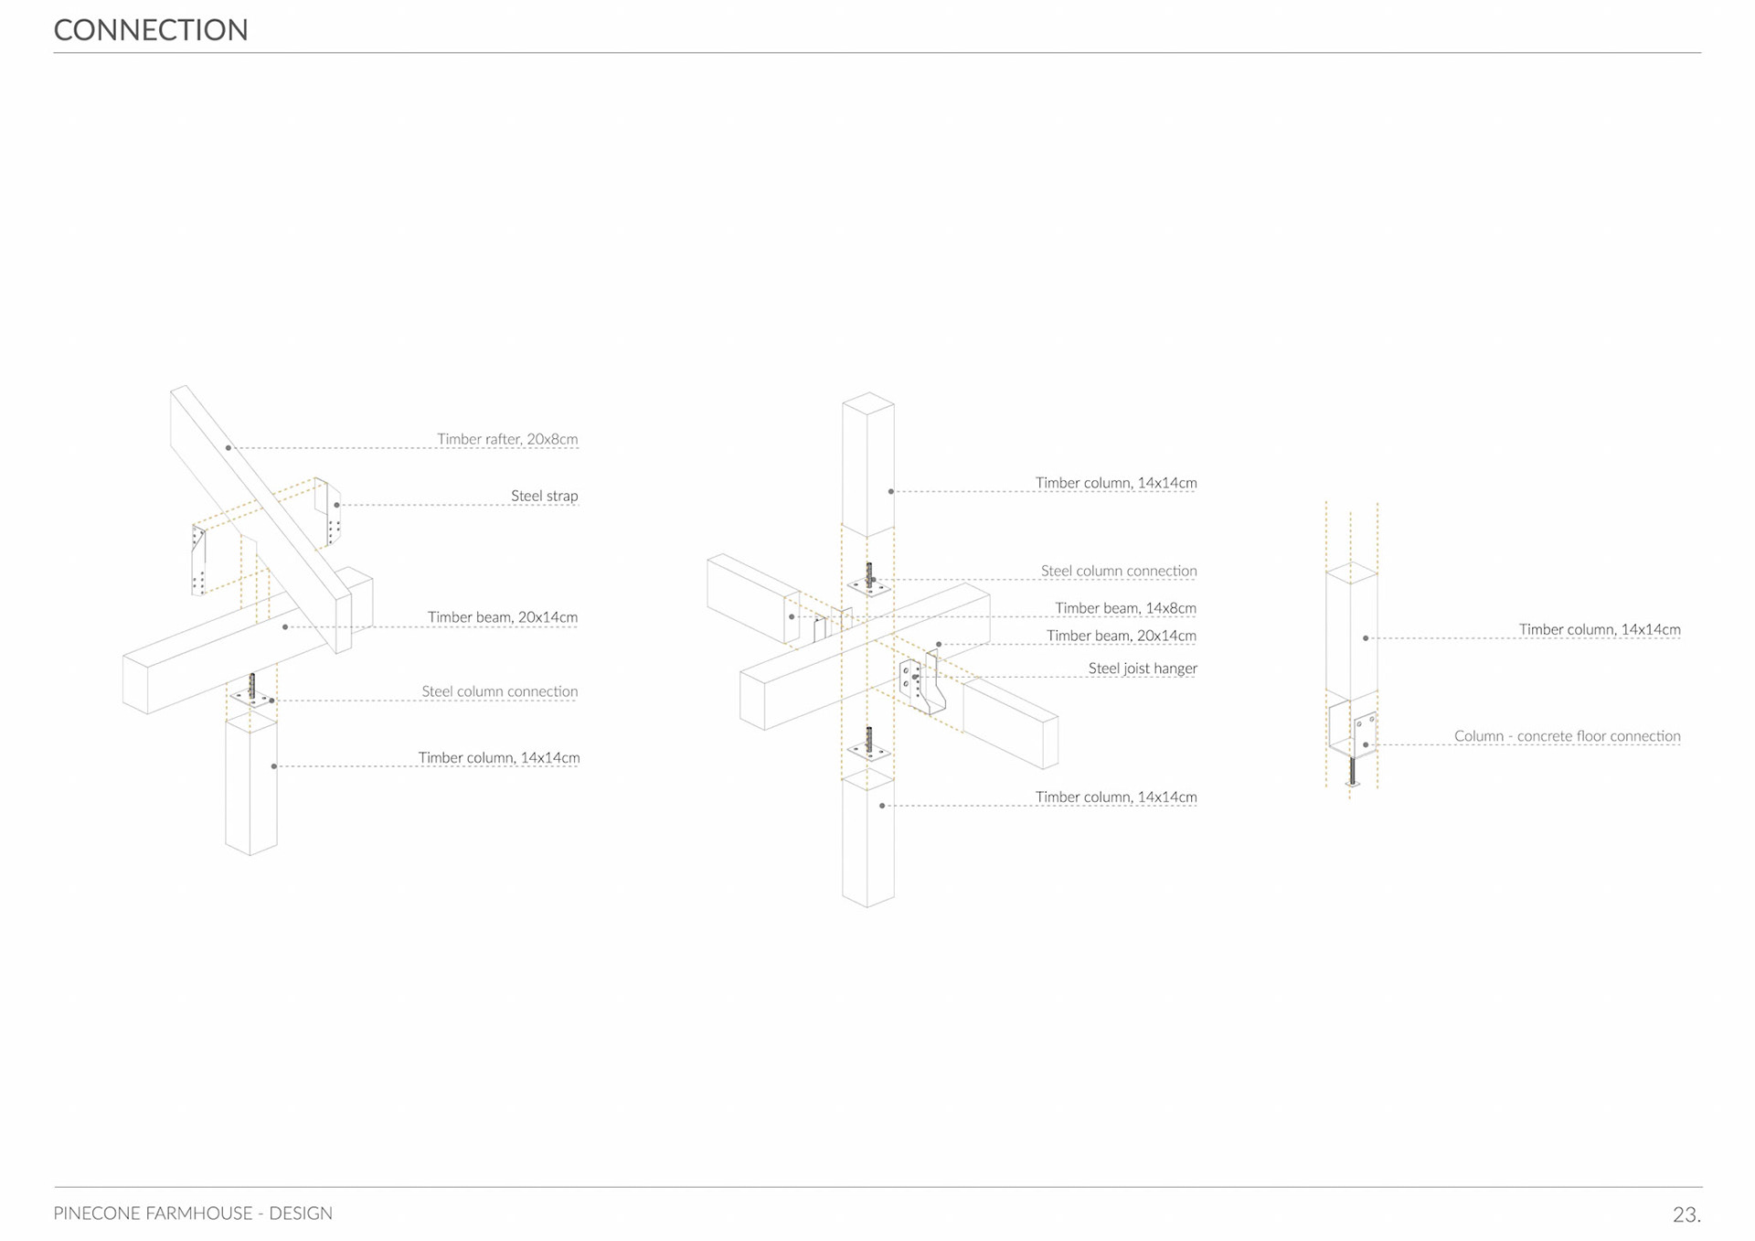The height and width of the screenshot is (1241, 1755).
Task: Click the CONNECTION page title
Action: pyautogui.click(x=151, y=30)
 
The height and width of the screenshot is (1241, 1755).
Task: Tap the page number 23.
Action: pyautogui.click(x=1686, y=1214)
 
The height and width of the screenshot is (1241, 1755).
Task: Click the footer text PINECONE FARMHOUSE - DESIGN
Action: pyautogui.click(x=193, y=1214)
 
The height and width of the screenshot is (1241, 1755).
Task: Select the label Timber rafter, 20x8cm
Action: pyautogui.click(x=507, y=439)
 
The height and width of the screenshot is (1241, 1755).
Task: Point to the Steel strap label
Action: pyautogui.click(x=544, y=496)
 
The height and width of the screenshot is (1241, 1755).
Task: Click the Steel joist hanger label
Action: pyautogui.click(x=1142, y=669)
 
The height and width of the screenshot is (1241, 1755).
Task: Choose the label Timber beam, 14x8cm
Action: pyautogui.click(x=1125, y=608)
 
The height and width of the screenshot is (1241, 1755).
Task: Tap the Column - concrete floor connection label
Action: pyautogui.click(x=1567, y=736)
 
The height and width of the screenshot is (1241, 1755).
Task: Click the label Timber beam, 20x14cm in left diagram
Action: pyautogui.click(x=502, y=617)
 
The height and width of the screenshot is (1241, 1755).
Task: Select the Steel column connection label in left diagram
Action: pyautogui.click(x=499, y=691)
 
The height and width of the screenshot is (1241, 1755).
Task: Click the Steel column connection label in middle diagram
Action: pyautogui.click(x=1118, y=571)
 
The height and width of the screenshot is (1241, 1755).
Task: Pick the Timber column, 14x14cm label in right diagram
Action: pyautogui.click(x=1599, y=629)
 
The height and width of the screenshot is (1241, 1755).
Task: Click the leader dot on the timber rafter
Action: pyautogui.click(x=229, y=448)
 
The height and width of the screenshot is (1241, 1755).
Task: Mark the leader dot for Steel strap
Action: pyautogui.click(x=337, y=505)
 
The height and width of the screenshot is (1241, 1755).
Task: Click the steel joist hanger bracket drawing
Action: pyautogui.click(x=921, y=684)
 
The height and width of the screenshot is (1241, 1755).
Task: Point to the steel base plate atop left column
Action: pyautogui.click(x=252, y=699)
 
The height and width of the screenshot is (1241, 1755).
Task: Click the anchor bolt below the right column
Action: pyautogui.click(x=1352, y=771)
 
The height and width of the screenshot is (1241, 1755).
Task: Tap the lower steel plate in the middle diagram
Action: pyautogui.click(x=868, y=751)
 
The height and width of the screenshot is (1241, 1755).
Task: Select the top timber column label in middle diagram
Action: pyautogui.click(x=1115, y=483)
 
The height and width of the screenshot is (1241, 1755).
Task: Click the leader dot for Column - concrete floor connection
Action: pyautogui.click(x=1366, y=744)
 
